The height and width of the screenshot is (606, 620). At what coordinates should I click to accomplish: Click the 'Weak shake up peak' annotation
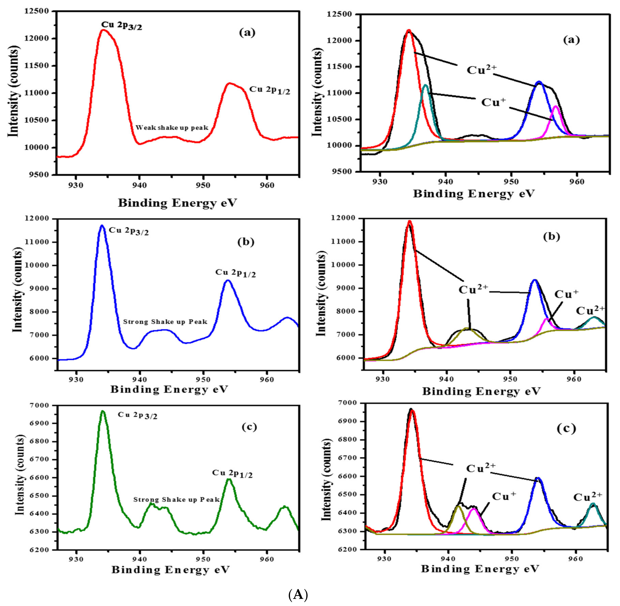pos(172,128)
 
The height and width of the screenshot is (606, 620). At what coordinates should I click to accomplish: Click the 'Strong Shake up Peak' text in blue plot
pos(165,322)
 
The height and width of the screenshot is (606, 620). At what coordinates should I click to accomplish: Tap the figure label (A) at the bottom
pos(298,594)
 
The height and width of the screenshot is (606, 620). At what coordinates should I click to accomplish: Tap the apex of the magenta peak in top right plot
pos(555,106)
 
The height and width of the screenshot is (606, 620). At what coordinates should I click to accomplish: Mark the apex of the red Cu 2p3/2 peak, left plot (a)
pos(103,30)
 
